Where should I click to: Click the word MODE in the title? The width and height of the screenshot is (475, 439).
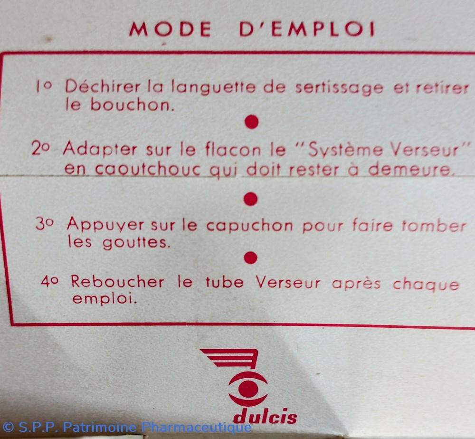pos(170,29)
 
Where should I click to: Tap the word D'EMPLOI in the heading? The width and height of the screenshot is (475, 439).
pos(307,29)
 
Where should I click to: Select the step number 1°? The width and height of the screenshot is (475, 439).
pos(44,86)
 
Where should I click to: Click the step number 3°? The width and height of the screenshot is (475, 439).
pos(45,224)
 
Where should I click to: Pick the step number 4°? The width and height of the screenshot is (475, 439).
pos(50,282)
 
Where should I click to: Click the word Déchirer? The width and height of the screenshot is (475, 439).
pos(103,86)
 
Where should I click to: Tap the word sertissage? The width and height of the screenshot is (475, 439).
pos(339,88)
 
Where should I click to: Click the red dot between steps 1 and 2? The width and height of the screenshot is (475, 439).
pos(251,122)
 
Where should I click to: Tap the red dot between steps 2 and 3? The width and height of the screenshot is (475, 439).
pos(250,199)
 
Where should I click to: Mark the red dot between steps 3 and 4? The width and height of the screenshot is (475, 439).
pos(250,258)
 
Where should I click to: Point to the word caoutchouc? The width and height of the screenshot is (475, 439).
pos(148,170)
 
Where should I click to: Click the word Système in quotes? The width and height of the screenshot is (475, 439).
pos(345,150)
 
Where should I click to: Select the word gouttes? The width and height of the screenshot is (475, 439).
pos(134,243)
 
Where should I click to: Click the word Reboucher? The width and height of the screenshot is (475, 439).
pos(117,282)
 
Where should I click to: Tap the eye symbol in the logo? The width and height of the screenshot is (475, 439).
pos(248,389)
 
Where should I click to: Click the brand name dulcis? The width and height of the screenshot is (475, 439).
pos(266,417)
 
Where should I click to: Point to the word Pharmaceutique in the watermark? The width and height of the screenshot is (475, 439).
pos(196,428)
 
